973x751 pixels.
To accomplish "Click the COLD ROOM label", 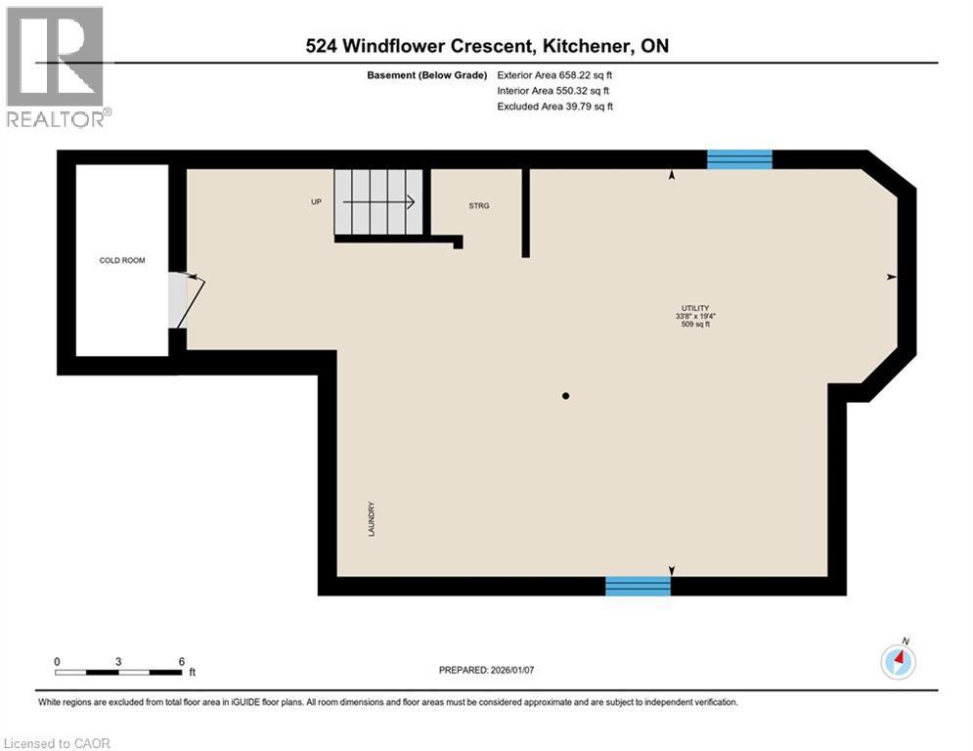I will pyautogui.click(x=122, y=260).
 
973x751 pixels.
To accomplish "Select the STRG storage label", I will pyautogui.click(x=478, y=205).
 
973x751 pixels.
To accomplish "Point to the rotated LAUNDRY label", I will pyautogui.click(x=372, y=519).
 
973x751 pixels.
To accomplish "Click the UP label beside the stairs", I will pyautogui.click(x=316, y=202).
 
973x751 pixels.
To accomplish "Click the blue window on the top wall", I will pyautogui.click(x=739, y=159).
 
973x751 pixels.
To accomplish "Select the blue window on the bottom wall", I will pyautogui.click(x=638, y=586).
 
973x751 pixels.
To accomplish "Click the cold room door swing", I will pyautogui.click(x=186, y=298).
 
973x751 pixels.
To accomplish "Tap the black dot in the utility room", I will pyautogui.click(x=565, y=396).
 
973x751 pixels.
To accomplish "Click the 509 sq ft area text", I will pyautogui.click(x=695, y=325).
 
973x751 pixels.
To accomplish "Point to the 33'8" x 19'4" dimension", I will pyautogui.click(x=695, y=316).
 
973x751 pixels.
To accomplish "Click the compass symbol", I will pyautogui.click(x=899, y=661).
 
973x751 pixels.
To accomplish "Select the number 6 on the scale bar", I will pyautogui.click(x=182, y=661).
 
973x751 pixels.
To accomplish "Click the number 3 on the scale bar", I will pyautogui.click(x=118, y=661).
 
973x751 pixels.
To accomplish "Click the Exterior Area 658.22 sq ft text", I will pyautogui.click(x=554, y=74).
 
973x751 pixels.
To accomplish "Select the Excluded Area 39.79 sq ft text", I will pyautogui.click(x=554, y=107).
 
